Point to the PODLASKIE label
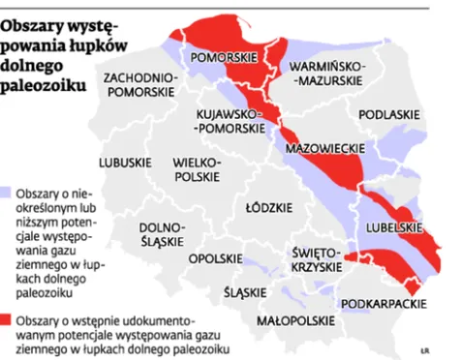coord(388,114)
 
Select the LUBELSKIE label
coord(392,226)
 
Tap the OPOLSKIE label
coord(215,258)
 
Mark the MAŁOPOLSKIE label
coord(291,318)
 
